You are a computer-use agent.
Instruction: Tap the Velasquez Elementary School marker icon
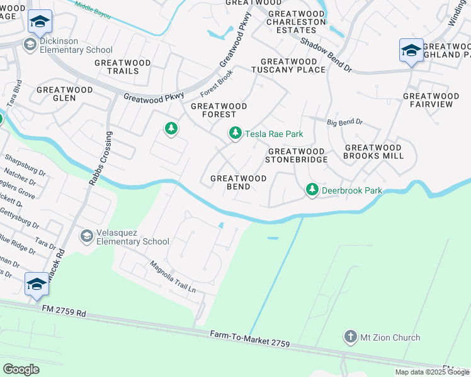pyautogui.click(x=87, y=236)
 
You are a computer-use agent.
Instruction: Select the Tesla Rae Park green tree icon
pyautogui.click(x=235, y=133)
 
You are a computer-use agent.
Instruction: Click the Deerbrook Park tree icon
pyautogui.click(x=312, y=188)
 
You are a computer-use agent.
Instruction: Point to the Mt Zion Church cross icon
pyautogui.click(x=350, y=337)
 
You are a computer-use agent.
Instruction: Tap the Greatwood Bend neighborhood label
pyautogui.click(x=238, y=183)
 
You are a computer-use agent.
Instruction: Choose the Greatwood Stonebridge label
pyautogui.click(x=296, y=155)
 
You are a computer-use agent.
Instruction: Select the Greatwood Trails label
pyautogui.click(x=123, y=67)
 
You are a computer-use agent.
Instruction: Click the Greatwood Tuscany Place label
pyautogui.click(x=293, y=65)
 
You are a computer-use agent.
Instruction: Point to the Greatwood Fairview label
pyautogui.click(x=428, y=100)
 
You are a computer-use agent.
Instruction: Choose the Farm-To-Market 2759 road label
pyautogui.click(x=250, y=340)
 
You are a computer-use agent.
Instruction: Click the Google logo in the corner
pyautogui.click(x=21, y=369)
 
